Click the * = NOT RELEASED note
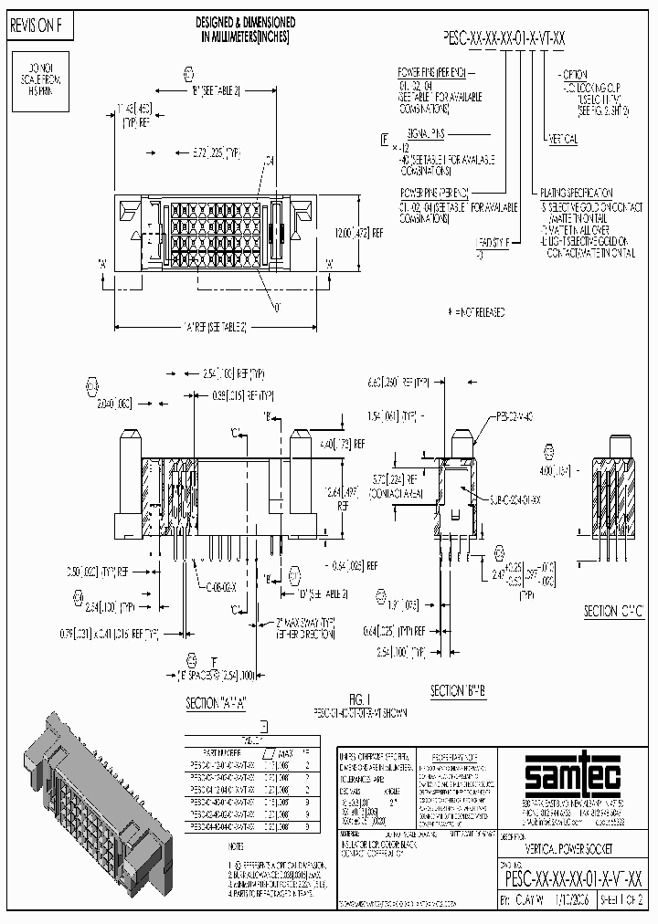coord(475,311)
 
